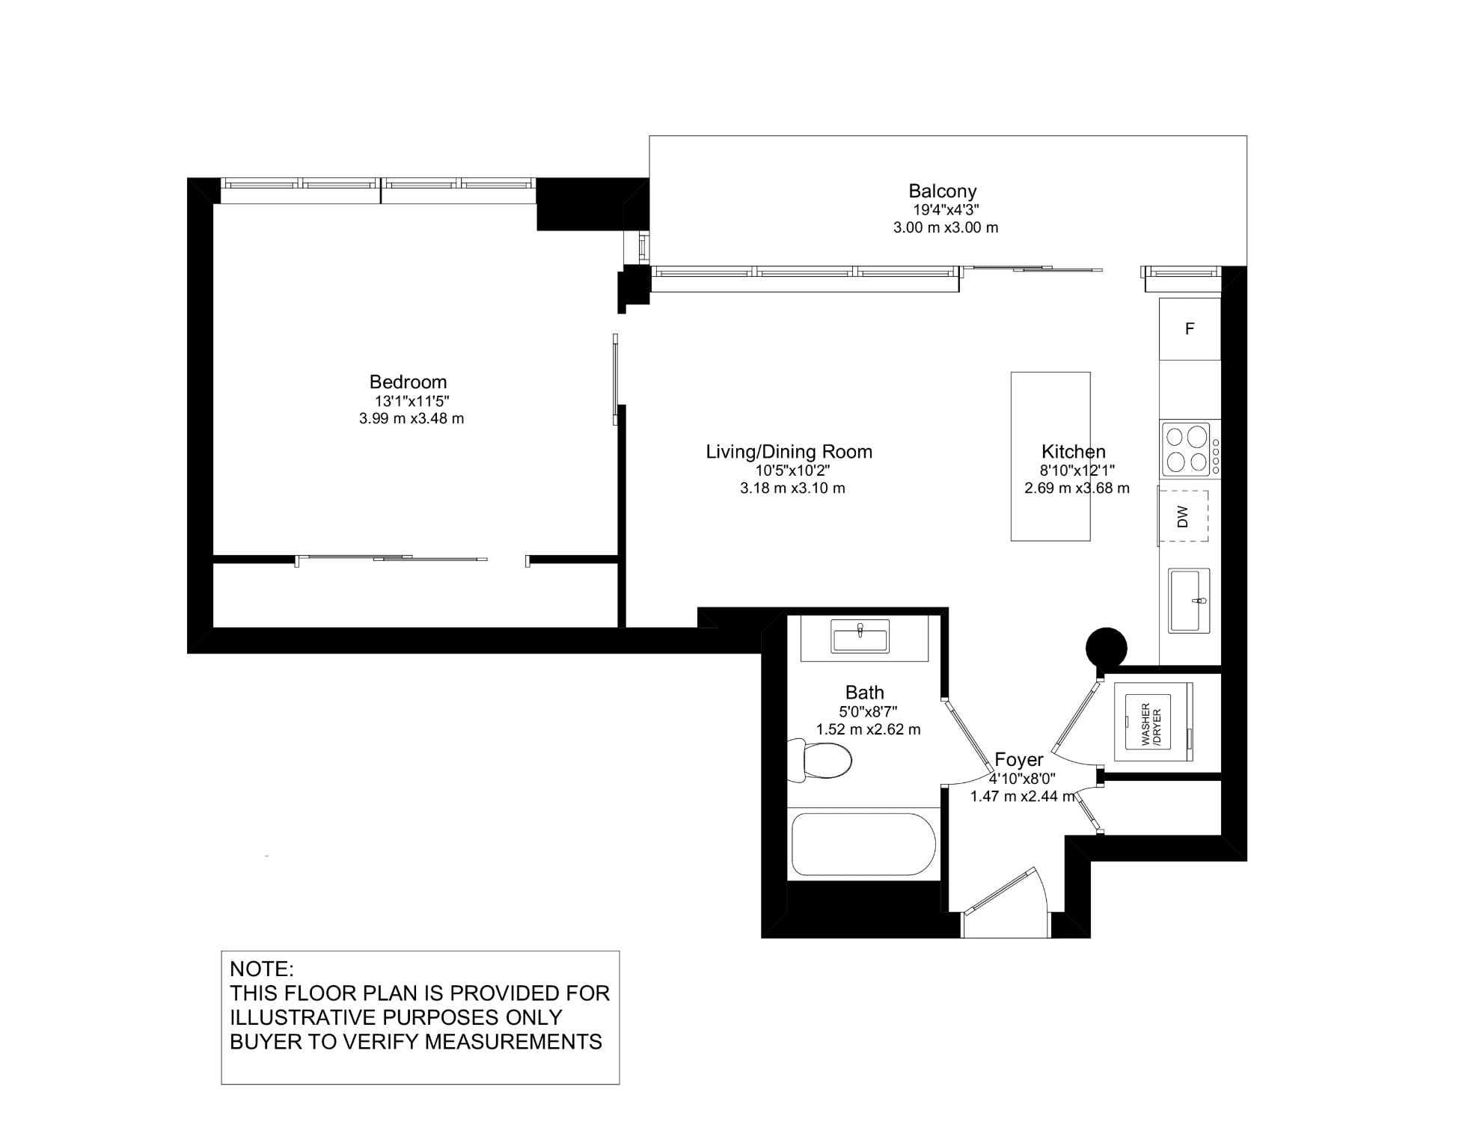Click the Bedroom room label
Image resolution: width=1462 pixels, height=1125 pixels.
click(408, 382)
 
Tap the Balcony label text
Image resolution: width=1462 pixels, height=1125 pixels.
click(943, 191)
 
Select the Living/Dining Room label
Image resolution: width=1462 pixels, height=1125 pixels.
click(789, 452)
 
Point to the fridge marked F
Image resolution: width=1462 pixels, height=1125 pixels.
click(1190, 328)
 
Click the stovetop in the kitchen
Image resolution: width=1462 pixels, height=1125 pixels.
click(1190, 449)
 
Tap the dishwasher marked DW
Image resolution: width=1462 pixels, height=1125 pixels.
click(1184, 516)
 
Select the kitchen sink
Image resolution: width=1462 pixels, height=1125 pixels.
click(1190, 601)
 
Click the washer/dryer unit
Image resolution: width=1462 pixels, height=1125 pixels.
click(1153, 723)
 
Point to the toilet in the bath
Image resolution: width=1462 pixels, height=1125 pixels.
click(820, 761)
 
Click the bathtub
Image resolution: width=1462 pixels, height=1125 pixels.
click(863, 844)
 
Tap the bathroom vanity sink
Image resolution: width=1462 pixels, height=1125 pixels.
click(860, 637)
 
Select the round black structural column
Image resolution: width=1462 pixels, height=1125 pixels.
click(1107, 648)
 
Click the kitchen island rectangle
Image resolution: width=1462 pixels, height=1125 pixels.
click(1050, 456)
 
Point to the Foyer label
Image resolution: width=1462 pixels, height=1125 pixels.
click(1018, 760)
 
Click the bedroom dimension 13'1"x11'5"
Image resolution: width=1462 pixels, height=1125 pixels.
click(412, 402)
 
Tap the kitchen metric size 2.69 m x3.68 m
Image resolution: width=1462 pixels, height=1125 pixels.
click(1077, 488)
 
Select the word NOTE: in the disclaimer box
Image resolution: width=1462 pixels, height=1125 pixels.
click(262, 969)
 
